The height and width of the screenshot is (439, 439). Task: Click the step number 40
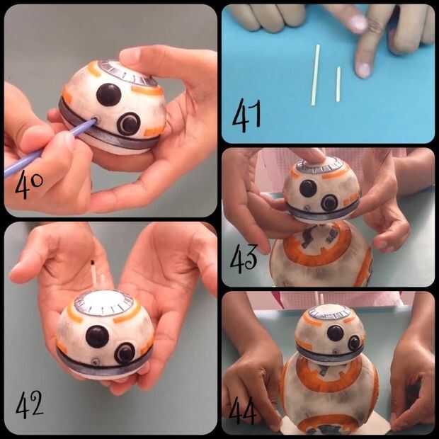coord(29,184)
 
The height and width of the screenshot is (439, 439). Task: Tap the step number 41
coord(246,115)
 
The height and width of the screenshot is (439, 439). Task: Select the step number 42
coord(30,404)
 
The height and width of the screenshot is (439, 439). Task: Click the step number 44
coord(242,410)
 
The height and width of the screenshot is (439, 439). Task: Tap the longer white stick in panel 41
coord(316,75)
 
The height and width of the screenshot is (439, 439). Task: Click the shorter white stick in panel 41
coord(338,84)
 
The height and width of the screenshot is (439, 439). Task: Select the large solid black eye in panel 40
coord(109,95)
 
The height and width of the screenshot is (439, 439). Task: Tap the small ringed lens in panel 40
coord(129,124)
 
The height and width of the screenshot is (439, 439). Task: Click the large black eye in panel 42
coord(97,336)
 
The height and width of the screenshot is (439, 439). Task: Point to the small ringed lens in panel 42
coord(125,353)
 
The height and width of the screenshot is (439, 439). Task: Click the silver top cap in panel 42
coord(104,303)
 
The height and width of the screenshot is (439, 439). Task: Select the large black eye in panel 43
coord(308,188)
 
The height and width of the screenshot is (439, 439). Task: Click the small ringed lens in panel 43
coord(329,203)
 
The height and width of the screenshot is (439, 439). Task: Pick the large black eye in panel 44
coord(335,333)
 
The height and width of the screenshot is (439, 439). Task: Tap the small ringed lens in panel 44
coord(355,343)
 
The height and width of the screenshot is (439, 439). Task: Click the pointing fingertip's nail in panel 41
coord(364,70)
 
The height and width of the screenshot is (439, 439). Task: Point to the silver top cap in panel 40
coord(127,74)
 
